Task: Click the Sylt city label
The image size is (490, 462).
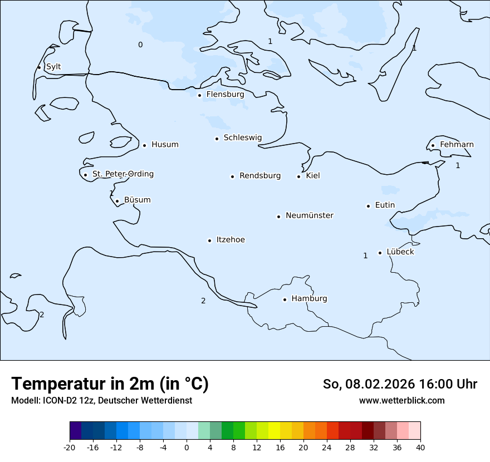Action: click(53, 67)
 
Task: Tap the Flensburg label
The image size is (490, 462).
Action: click(225, 95)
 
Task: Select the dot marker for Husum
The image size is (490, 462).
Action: click(144, 145)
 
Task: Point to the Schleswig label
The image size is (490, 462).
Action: click(242, 138)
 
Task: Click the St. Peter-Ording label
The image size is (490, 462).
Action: click(122, 174)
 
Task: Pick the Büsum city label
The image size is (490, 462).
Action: click(137, 200)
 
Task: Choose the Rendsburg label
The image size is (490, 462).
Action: click(260, 176)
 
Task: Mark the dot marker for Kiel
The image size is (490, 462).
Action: click(298, 176)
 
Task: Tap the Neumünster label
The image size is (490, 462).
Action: click(310, 215)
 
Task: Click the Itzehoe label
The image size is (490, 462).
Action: click(231, 240)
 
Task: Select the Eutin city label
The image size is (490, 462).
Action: click(385, 205)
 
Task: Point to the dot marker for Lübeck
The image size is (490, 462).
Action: click(380, 253)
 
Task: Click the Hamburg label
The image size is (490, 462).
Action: click(309, 299)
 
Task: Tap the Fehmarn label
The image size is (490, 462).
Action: click(457, 145)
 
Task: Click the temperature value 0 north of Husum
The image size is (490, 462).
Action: click(140, 45)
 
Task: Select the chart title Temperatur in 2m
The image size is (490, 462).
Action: click(110, 384)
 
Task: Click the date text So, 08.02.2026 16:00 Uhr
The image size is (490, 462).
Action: click(400, 384)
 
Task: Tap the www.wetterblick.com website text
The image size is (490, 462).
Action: click(401, 401)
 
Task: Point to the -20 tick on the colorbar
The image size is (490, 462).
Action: click(70, 447)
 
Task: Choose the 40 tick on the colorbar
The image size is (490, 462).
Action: click(420, 447)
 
